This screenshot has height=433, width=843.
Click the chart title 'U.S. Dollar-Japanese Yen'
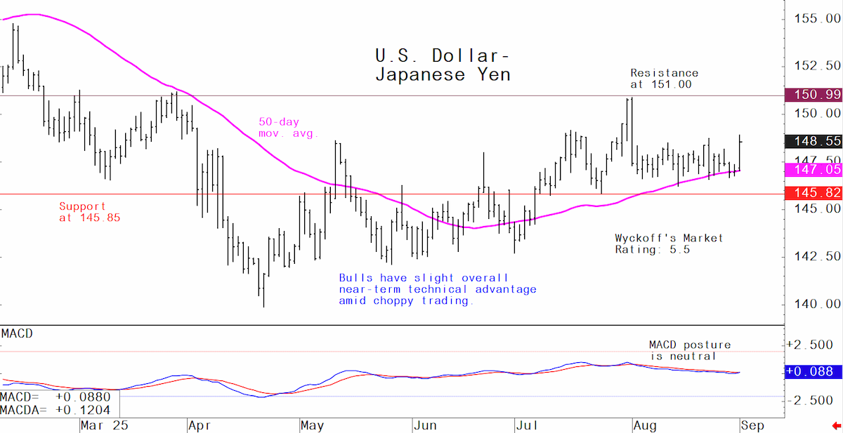coord(443,65)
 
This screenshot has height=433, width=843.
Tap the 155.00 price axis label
coord(817,18)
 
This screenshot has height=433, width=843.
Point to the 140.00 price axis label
coord(817,304)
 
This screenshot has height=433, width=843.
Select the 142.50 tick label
coord(817,256)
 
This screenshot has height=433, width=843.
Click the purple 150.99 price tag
coord(813,95)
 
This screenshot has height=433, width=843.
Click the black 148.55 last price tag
coord(813,141)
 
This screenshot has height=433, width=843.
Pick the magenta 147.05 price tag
coord(813,170)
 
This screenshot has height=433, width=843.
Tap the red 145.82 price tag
coord(813,193)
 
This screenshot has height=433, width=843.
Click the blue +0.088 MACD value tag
coord(813,371)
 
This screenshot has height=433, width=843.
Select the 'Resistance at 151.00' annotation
coord(665,79)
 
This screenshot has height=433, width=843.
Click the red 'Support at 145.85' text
coord(90,212)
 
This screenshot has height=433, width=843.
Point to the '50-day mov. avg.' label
coord(288,128)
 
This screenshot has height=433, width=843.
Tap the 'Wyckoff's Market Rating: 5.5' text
coord(669,244)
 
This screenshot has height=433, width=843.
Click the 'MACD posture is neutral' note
coord(690,350)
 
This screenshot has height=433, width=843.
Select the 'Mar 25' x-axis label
coord(104,425)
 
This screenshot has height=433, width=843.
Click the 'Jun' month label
coord(425,425)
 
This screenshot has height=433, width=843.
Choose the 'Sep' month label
coord(752,425)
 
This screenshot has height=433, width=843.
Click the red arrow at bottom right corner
coord(837,426)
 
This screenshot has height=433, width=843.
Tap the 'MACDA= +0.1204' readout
coord(55,410)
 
